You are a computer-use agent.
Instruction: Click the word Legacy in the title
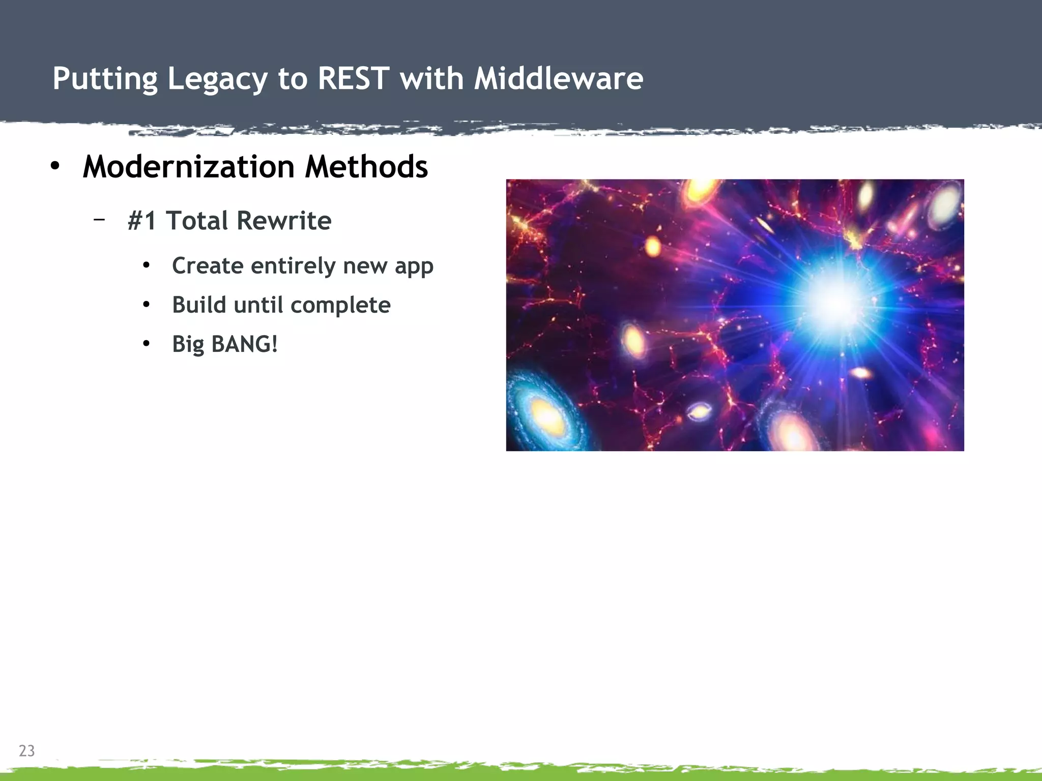[x=217, y=79]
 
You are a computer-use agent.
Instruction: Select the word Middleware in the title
[x=558, y=79]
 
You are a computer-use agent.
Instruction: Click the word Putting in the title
[x=105, y=79]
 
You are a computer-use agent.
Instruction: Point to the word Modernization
[x=188, y=166]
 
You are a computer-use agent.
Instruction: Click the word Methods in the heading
[x=366, y=166]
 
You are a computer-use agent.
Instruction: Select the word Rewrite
[x=284, y=221]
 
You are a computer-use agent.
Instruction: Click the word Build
[x=199, y=305]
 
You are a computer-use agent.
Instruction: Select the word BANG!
[x=244, y=344]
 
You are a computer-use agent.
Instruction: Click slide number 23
[x=26, y=750]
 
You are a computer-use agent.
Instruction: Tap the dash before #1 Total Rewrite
[x=99, y=220]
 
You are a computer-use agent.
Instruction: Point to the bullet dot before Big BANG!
[x=147, y=344]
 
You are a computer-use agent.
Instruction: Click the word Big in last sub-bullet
[x=188, y=344]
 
